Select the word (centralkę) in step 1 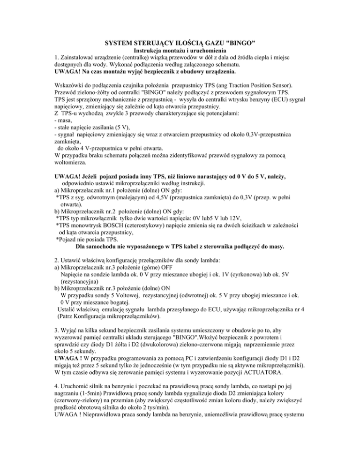(x=140, y=59)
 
